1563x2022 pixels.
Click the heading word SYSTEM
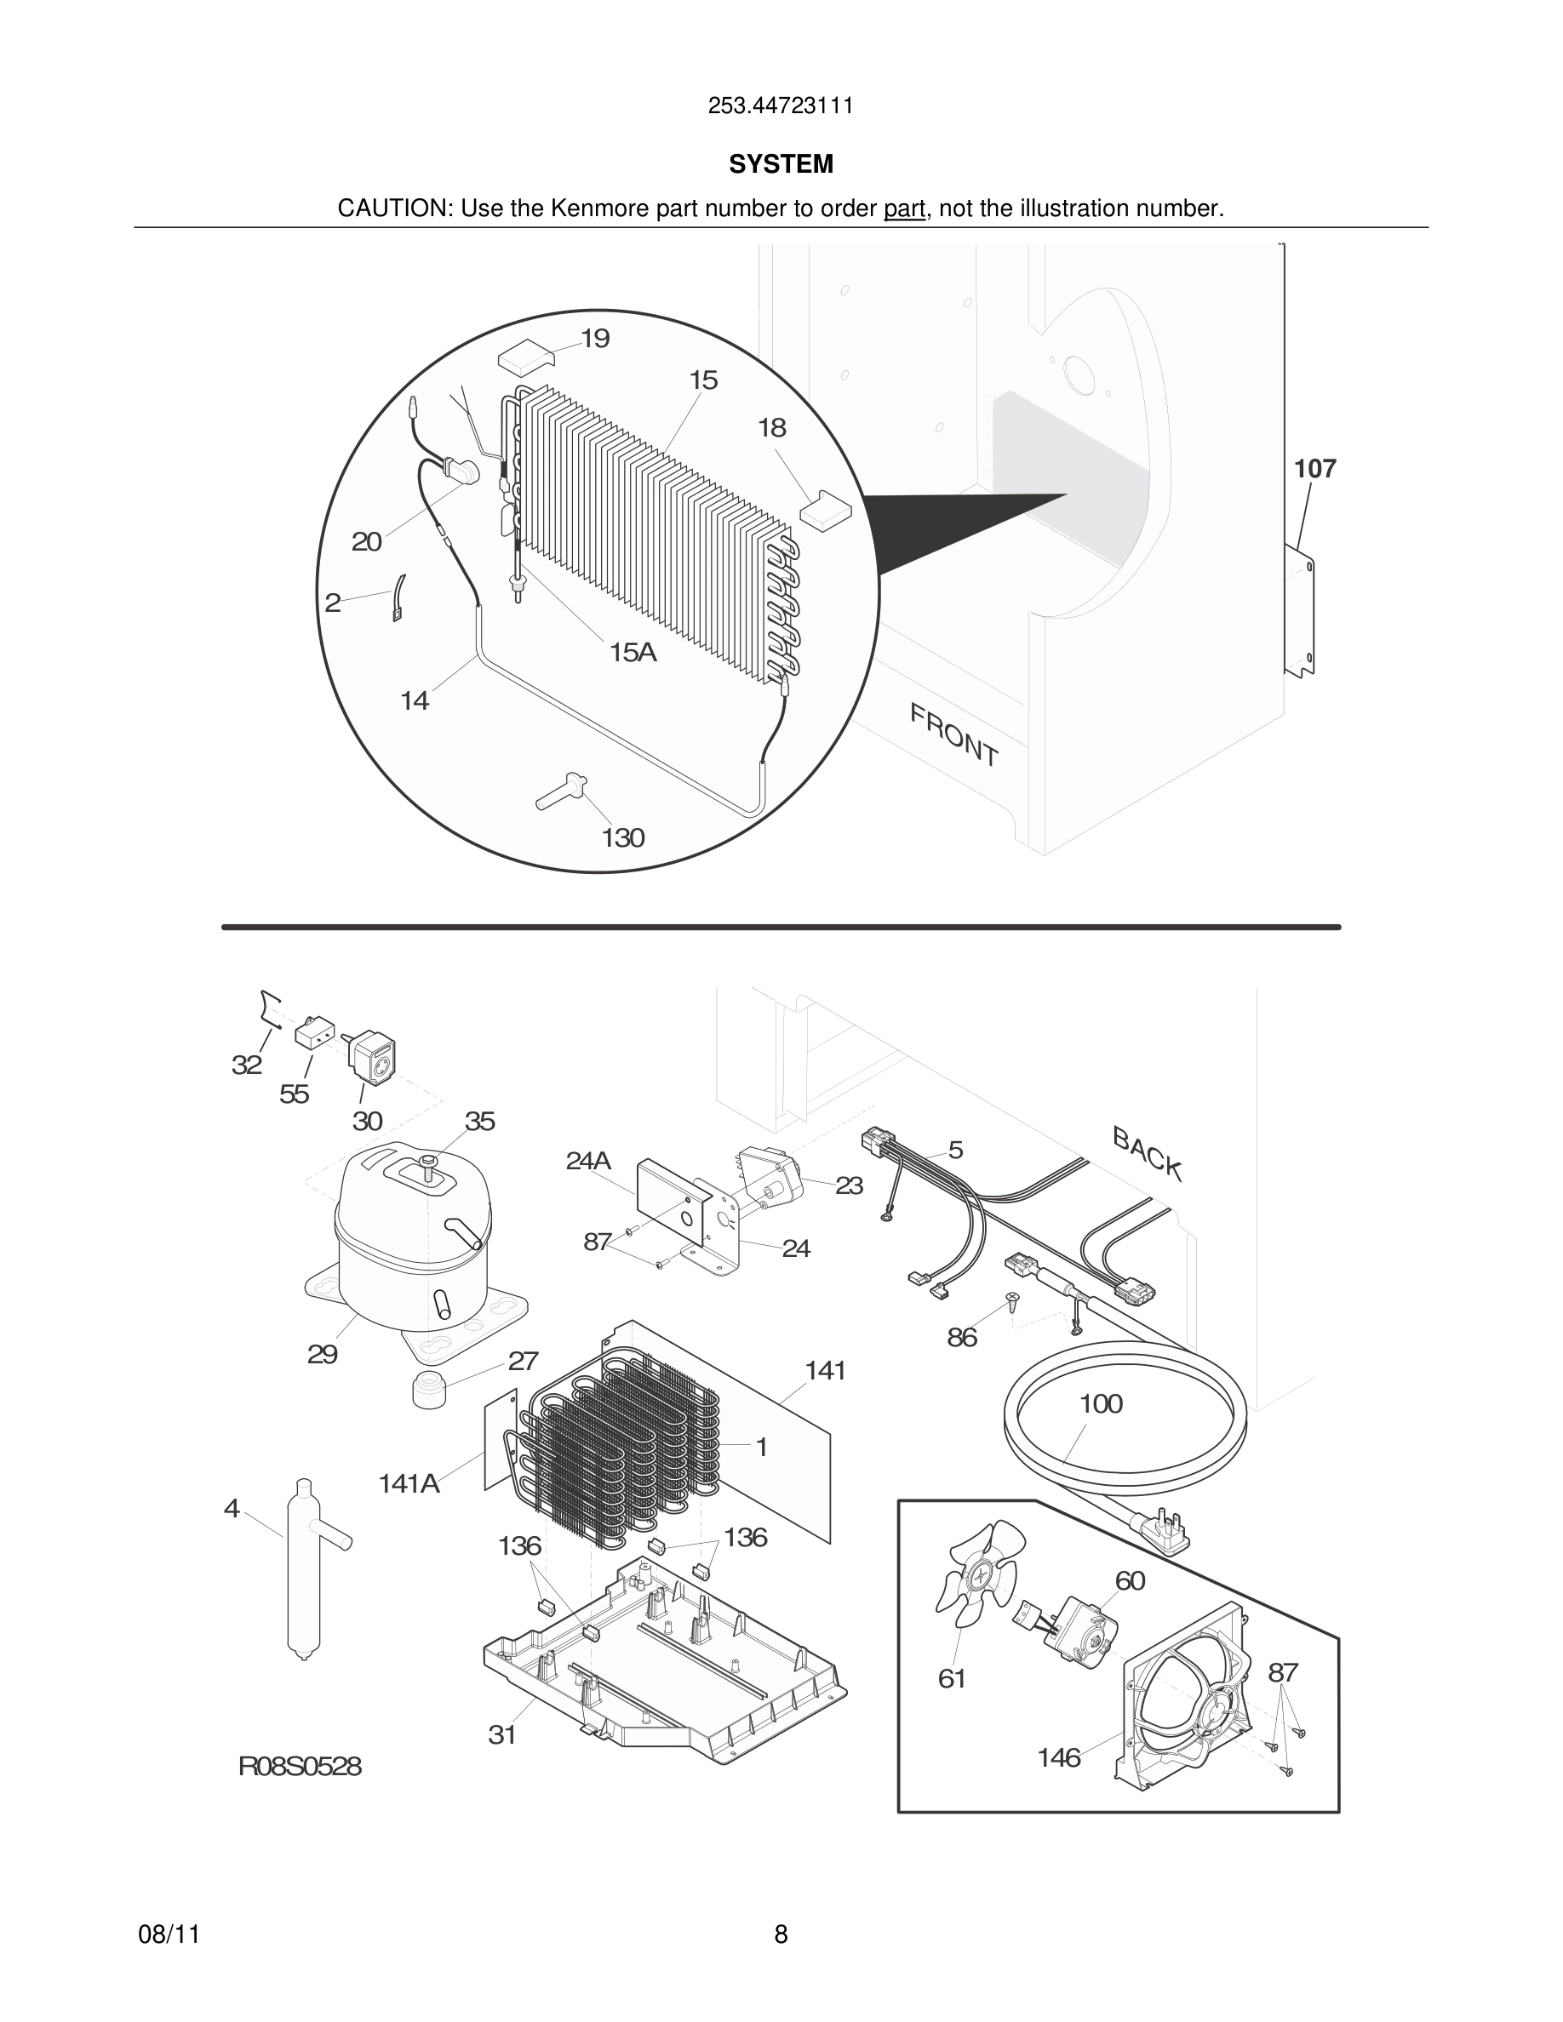click(x=781, y=164)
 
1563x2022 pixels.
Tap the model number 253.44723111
click(x=781, y=106)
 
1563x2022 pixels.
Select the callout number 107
click(x=1314, y=470)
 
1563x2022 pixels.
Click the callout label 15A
click(x=633, y=653)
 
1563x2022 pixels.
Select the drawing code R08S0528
click(x=300, y=1767)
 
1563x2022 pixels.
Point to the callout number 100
click(x=1100, y=1403)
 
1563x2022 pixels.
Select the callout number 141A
click(x=409, y=1483)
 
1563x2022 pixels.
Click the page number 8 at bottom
click(x=781, y=1934)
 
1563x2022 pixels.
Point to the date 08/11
click(x=169, y=1934)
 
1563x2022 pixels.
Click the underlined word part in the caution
click(x=904, y=209)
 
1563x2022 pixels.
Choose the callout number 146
click(x=1058, y=1757)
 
